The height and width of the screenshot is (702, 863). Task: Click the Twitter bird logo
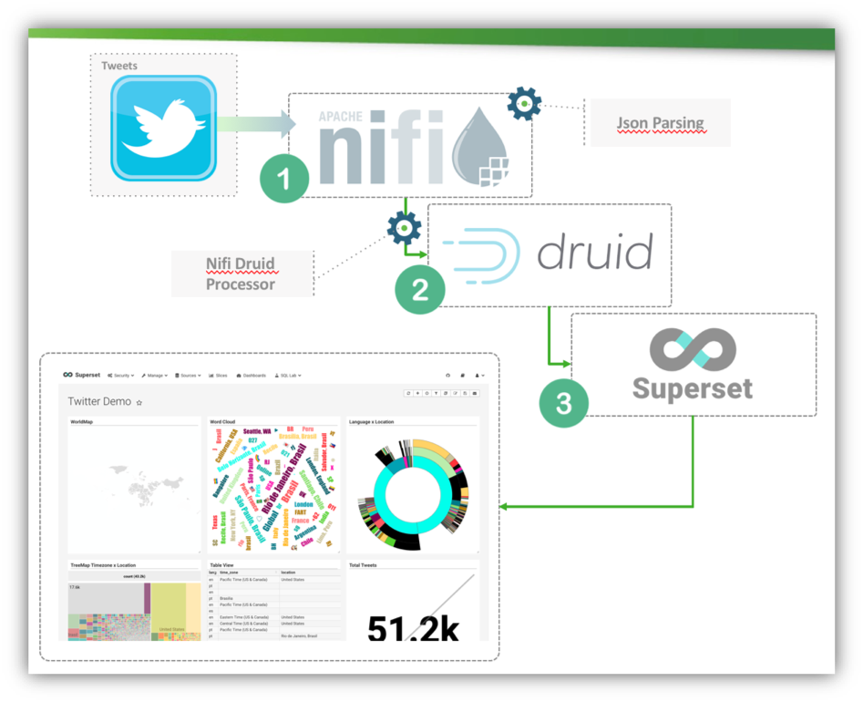[x=163, y=128]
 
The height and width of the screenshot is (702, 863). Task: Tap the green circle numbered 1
[x=285, y=179]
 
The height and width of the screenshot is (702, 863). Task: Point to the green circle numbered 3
[x=563, y=402]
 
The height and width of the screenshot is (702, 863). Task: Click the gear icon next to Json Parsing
[x=524, y=104]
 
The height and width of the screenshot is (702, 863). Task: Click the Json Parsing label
[x=660, y=123]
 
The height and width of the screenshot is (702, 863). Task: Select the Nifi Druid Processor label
[x=241, y=274]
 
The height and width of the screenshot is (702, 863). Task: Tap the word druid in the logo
[x=595, y=253]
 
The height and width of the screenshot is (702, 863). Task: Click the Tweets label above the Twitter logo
[x=119, y=66]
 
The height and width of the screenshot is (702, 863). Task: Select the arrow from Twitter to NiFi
[x=256, y=124]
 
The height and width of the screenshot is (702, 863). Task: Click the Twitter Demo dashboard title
[x=99, y=401]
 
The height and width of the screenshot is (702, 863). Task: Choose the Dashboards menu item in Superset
[x=251, y=375]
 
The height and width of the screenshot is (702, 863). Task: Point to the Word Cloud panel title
[x=222, y=422]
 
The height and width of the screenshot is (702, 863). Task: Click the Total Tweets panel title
[x=363, y=565]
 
